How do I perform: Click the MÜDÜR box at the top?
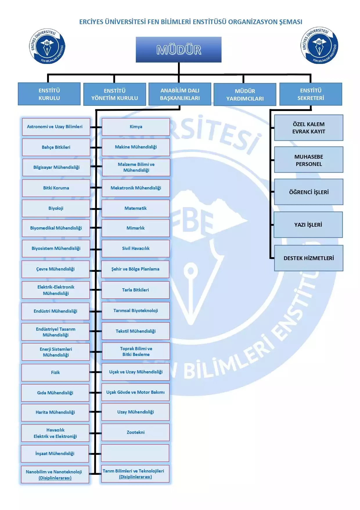click(179, 50)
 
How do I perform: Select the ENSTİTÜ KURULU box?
click(49, 94)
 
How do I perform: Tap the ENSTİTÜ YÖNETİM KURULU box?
click(114, 94)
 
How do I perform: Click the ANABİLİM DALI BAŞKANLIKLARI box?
click(180, 94)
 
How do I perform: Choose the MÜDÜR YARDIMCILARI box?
click(245, 95)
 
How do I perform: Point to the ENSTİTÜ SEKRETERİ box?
click(311, 94)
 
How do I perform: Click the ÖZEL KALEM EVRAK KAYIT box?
click(309, 128)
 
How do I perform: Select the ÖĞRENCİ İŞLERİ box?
click(309, 192)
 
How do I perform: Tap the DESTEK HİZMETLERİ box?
click(309, 258)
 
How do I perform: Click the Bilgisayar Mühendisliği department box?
click(56, 167)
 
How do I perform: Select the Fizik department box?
click(55, 373)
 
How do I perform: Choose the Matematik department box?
click(136, 208)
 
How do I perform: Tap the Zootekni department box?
click(136, 432)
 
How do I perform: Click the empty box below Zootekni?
click(135, 453)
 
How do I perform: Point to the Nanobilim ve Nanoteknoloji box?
click(55, 475)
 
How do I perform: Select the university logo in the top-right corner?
click(319, 45)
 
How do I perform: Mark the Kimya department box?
click(136, 127)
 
